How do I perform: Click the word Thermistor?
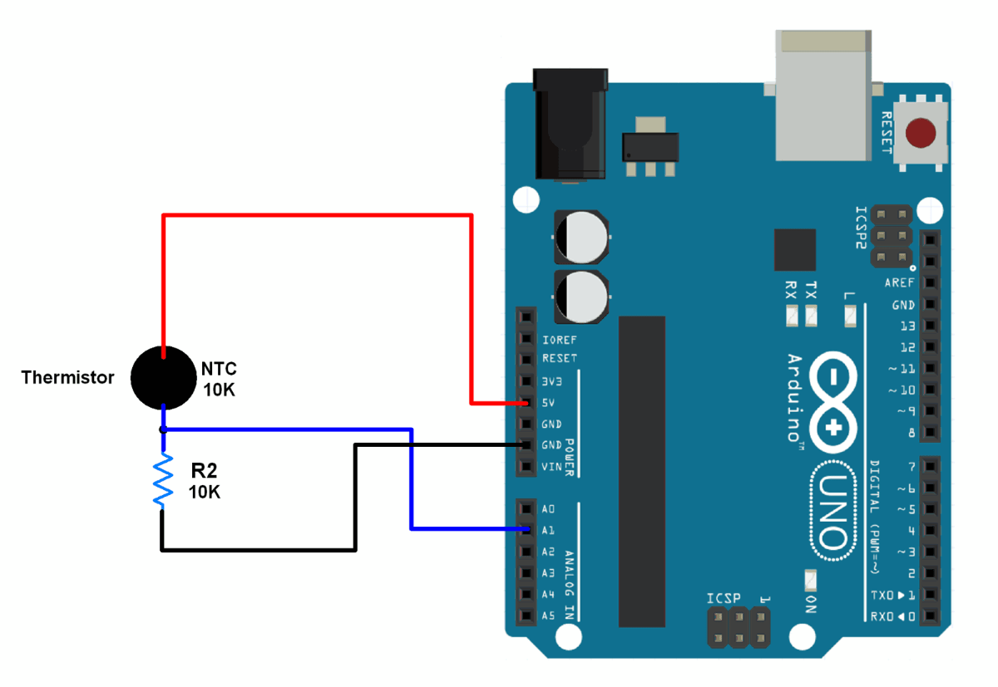(x=67, y=378)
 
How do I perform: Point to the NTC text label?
(x=220, y=369)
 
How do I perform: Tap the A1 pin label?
(x=548, y=529)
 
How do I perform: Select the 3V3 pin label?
(x=552, y=382)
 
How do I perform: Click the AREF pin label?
(x=900, y=283)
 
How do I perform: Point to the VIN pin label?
(x=551, y=467)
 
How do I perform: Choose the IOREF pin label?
(x=559, y=341)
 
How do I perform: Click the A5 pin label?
(x=548, y=616)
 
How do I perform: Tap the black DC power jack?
(x=570, y=125)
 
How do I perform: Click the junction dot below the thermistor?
(x=164, y=429)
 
